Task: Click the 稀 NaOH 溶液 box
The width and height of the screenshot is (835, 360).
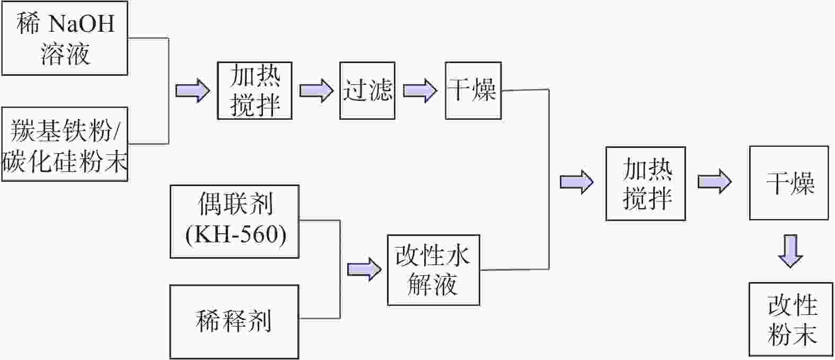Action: [x=65, y=38]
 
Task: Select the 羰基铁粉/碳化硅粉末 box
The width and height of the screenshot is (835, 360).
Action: [x=65, y=144]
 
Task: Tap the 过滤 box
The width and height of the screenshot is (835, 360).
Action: [x=367, y=91]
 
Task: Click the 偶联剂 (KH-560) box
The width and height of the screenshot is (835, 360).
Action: [x=235, y=221]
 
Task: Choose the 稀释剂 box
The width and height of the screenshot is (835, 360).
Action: [x=234, y=321]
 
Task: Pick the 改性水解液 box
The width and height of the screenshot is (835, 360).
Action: [x=433, y=270]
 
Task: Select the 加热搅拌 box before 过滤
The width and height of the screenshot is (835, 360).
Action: [x=254, y=91]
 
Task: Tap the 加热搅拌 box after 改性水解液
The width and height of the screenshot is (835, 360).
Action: [x=646, y=183]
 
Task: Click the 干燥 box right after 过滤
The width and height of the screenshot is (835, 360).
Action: [x=473, y=91]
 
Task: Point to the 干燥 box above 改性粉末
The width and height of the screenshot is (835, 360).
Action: [x=788, y=183]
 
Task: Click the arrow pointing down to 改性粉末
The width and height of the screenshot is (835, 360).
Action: [x=790, y=251]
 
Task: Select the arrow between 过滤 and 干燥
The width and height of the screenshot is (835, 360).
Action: [x=420, y=90]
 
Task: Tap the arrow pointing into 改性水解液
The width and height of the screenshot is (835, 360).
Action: [x=364, y=269]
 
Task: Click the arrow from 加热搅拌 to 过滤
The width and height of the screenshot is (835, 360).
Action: [x=316, y=90]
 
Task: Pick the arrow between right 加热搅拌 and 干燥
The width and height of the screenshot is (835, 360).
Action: [x=715, y=182]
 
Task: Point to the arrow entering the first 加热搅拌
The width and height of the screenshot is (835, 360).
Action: [x=192, y=90]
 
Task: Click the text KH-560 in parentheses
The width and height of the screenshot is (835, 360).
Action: [x=236, y=234]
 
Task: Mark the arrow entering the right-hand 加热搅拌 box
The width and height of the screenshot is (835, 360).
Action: [x=576, y=182]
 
